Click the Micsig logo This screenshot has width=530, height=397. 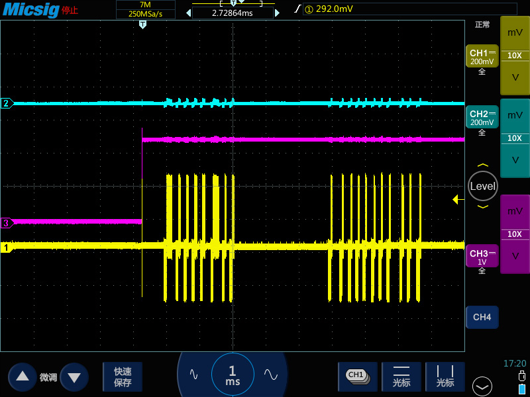coord(30,9)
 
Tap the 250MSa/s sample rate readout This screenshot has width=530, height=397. coord(145,14)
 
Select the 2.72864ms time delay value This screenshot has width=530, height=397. coord(233,13)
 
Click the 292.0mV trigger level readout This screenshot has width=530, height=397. coord(335,9)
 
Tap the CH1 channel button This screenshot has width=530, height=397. coord(482,56)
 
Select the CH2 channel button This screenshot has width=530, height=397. coord(482,117)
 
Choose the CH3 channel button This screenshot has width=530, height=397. coord(482,256)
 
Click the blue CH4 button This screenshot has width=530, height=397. coord(482,317)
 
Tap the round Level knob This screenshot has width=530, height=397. coord(483,186)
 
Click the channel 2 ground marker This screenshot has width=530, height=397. coord(7,103)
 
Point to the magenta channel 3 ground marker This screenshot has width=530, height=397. coord(7,223)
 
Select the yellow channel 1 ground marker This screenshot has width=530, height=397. coord(6,247)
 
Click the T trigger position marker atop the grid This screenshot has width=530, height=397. coord(142,24)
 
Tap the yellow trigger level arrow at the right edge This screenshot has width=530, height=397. coord(458,200)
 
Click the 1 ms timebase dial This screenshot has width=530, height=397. coord(233,375)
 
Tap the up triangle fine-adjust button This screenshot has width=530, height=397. coord(23,376)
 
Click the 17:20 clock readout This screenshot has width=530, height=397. coord(515,363)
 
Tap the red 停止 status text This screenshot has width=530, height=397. coord(70,10)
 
